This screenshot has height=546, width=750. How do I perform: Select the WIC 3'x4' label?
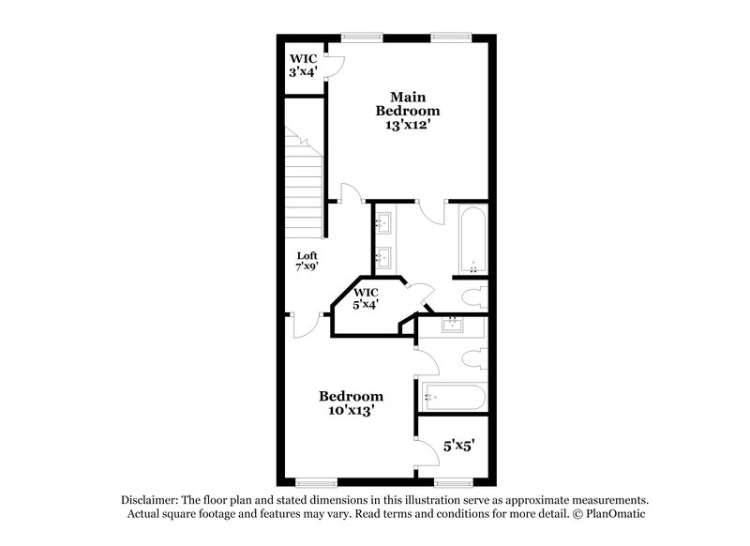[x=303, y=64]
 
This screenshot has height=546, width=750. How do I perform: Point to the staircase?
[x=305, y=182]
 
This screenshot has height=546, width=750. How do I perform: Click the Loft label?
[x=307, y=255]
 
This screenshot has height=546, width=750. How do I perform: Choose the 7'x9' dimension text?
[x=307, y=267]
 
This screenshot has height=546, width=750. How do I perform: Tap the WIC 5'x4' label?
[x=366, y=298]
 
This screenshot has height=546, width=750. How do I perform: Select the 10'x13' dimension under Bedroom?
[x=351, y=410]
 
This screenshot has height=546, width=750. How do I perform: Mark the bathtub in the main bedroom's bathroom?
[x=472, y=238]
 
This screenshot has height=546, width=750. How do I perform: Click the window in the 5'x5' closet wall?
[x=453, y=482]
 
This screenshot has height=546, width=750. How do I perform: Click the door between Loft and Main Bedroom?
[x=352, y=194]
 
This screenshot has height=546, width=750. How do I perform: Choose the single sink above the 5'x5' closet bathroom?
[x=452, y=326]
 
